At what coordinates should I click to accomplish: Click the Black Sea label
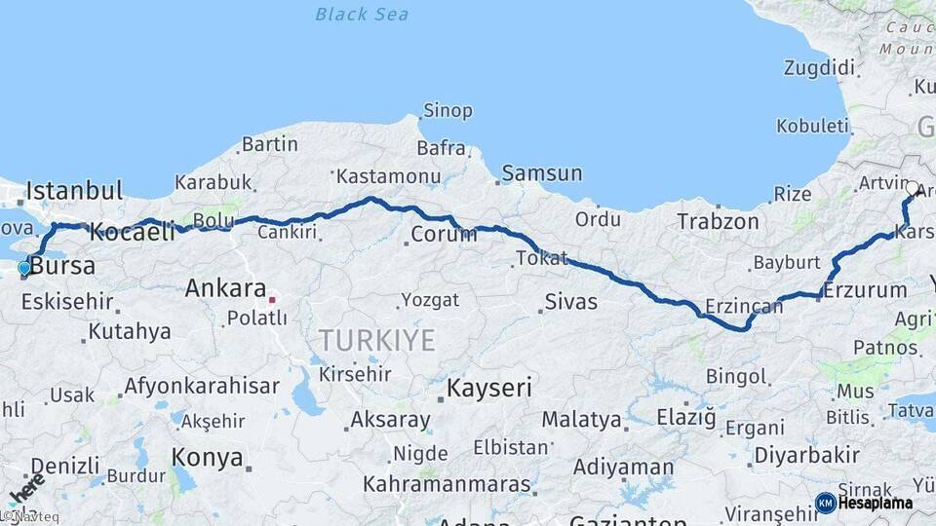click(362, 15)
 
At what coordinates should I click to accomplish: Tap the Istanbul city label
click(75, 190)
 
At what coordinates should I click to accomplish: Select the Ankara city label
click(225, 288)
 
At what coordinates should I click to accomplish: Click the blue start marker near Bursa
click(24, 267)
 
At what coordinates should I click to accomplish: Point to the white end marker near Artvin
click(912, 188)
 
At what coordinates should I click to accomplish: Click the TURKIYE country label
click(376, 340)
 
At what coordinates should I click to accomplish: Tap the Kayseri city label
click(489, 389)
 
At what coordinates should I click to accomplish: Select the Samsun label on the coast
click(542, 174)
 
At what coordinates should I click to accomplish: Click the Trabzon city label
click(719, 222)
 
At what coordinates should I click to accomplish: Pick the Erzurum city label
click(865, 290)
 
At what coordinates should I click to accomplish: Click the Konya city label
click(207, 457)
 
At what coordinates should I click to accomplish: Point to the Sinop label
click(448, 111)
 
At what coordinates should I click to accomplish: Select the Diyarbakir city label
click(806, 455)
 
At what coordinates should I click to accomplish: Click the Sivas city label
click(570, 302)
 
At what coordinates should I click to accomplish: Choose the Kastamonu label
click(388, 177)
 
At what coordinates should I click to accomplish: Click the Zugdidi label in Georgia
click(819, 68)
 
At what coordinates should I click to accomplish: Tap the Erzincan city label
click(745, 307)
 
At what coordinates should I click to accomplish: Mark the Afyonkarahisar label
click(201, 386)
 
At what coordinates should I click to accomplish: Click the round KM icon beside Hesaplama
click(826, 504)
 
